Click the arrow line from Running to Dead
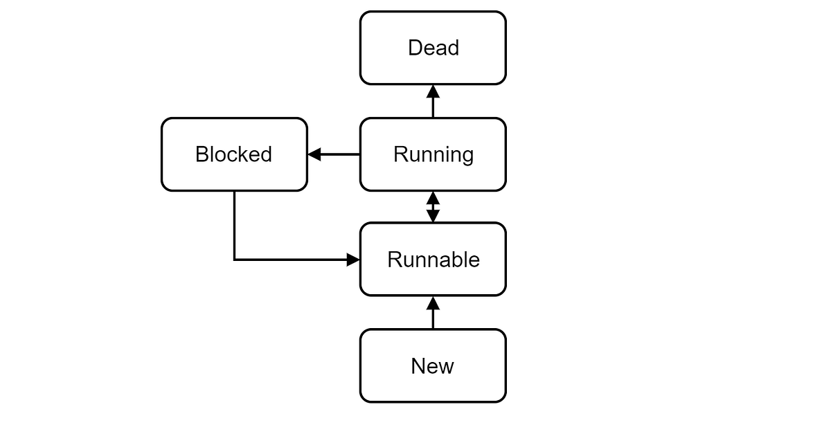click(433, 107)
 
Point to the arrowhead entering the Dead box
click(433, 91)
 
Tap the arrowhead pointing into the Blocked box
click(314, 154)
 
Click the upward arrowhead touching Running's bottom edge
click(433, 197)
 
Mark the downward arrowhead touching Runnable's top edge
click(433, 216)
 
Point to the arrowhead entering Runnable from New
click(433, 302)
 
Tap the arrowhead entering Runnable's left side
click(353, 260)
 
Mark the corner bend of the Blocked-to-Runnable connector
click(235, 260)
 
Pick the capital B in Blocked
click(202, 154)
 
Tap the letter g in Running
click(467, 156)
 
